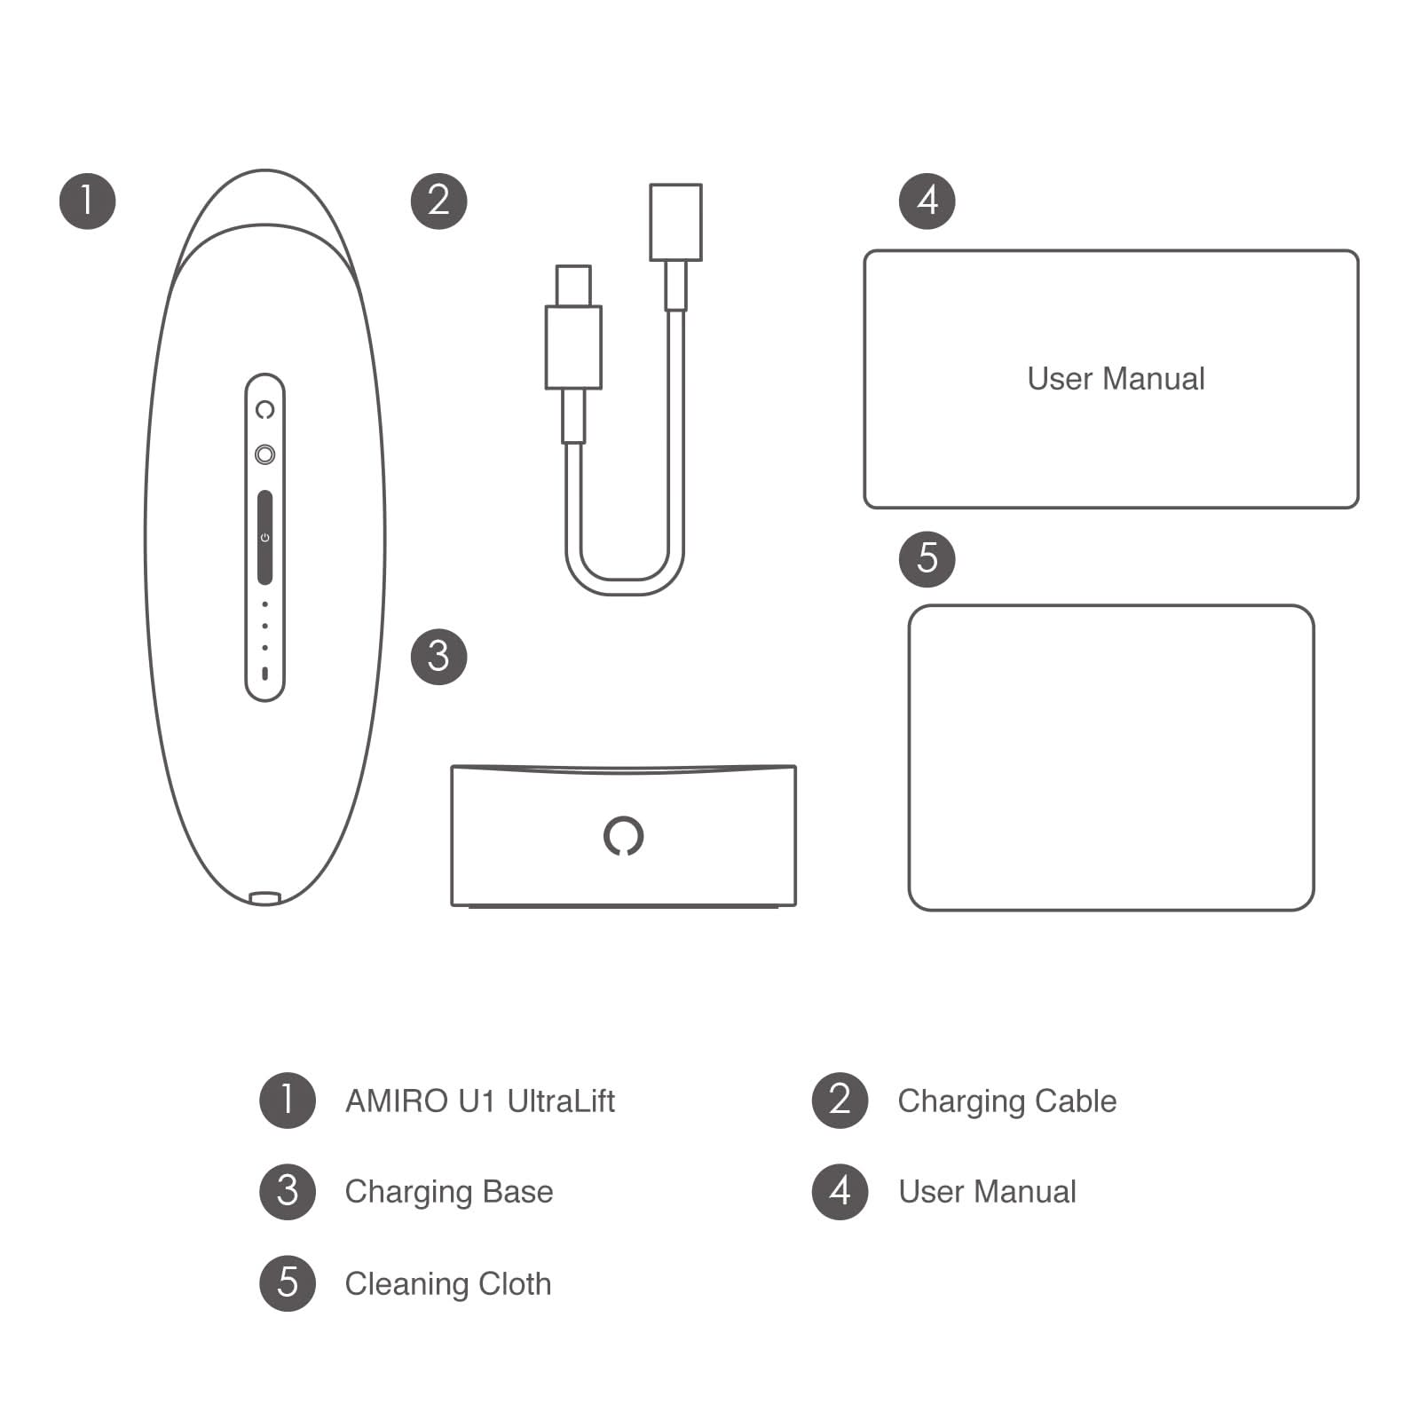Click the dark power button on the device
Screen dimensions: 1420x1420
pos(264,537)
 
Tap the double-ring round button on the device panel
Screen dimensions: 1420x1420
pos(264,454)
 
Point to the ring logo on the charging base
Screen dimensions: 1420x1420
pos(623,835)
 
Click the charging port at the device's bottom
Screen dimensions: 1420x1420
pos(264,898)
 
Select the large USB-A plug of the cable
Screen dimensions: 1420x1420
pos(675,222)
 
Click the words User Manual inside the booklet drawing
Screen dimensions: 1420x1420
pos(1116,379)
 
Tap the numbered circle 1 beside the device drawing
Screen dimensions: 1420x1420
pos(87,201)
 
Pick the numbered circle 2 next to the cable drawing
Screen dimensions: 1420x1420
pos(438,201)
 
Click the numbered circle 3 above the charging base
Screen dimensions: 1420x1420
pos(438,657)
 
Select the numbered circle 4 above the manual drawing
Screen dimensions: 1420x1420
pos(927,201)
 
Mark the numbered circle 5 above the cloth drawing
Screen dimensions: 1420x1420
pos(927,559)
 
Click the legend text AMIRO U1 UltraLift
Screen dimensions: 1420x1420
pos(479,1101)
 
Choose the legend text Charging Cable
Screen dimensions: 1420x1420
pos(1006,1101)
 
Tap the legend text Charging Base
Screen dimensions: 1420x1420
pos(448,1192)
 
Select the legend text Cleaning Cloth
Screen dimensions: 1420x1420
pos(447,1284)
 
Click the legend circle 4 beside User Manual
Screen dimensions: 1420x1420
pos(840,1192)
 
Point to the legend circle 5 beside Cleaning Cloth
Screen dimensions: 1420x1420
pos(288,1283)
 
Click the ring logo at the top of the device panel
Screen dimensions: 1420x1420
pos(264,410)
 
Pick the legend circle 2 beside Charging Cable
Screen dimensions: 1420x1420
pos(840,1100)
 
